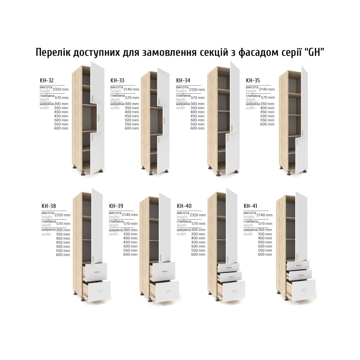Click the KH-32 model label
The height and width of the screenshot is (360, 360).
(x=46, y=80)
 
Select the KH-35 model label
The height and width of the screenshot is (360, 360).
(x=253, y=80)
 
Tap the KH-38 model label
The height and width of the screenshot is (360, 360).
(x=49, y=206)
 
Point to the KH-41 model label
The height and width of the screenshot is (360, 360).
(x=250, y=206)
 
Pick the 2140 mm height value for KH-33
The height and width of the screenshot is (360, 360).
(x=131, y=90)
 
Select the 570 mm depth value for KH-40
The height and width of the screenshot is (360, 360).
(x=198, y=224)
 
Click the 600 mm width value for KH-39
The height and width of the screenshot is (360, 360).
(x=130, y=255)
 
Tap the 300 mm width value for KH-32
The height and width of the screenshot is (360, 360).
(x=61, y=104)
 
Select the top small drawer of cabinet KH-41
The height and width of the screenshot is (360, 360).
(x=298, y=265)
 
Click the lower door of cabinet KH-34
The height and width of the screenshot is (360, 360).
(x=233, y=153)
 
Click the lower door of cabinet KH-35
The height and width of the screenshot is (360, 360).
(x=301, y=155)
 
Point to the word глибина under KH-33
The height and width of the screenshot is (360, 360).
(x=118, y=95)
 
